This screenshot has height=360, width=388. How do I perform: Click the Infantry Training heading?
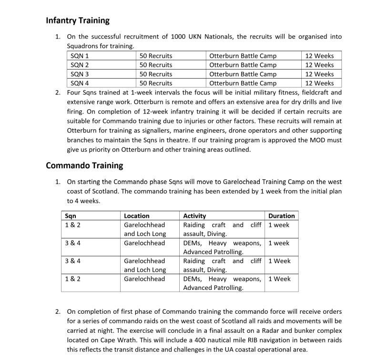pyautogui.click(x=78, y=21)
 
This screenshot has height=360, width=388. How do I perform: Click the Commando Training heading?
pyautogui.click(x=84, y=165)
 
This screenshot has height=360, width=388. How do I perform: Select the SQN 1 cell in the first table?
pyautogui.click(x=80, y=56)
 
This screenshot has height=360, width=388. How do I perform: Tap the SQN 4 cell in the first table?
pyautogui.click(x=80, y=83)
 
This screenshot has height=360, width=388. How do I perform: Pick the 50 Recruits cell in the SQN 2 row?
pyautogui.click(x=156, y=65)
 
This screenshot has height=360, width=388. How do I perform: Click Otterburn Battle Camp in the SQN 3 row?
pyautogui.click(x=243, y=74)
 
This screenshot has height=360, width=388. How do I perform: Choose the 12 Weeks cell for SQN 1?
pyautogui.click(x=319, y=56)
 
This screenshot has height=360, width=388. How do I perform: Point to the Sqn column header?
pyautogui.click(x=71, y=216)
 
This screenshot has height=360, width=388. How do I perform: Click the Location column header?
pyautogui.click(x=137, y=216)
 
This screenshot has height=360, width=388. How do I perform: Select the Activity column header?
pyautogui.click(x=194, y=216)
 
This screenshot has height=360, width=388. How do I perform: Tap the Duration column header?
pyautogui.click(x=281, y=216)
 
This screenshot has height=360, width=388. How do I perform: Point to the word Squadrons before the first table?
pyautogui.click(x=83, y=46)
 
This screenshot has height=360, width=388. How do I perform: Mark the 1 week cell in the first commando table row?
pyautogui.click(x=279, y=225)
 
